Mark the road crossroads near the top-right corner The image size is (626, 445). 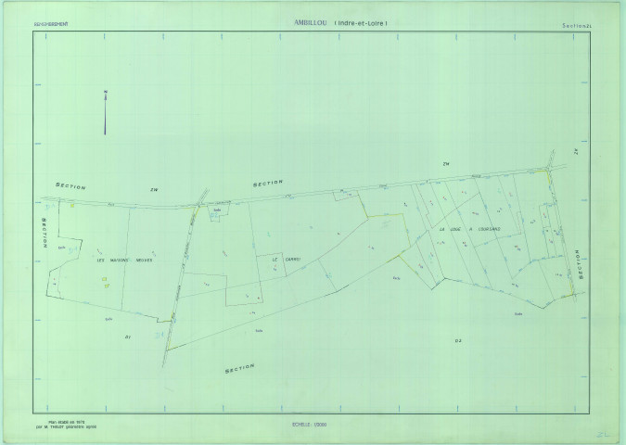[x=548, y=169]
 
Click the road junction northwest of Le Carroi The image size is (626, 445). [x=198, y=201]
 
